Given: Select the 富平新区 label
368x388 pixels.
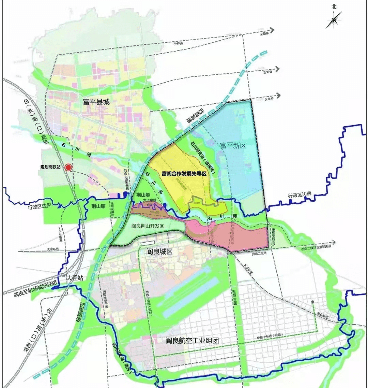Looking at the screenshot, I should pyautogui.click(x=233, y=146).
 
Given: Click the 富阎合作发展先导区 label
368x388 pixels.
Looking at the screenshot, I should pyautogui.click(x=184, y=173).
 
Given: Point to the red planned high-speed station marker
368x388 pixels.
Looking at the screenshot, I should pyautogui.click(x=68, y=168).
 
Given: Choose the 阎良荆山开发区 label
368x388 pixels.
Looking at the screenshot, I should pyautogui.click(x=148, y=226).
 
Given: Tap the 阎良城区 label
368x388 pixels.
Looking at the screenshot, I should pyautogui.click(x=159, y=252).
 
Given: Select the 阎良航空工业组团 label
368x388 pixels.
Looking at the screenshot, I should pyautogui.click(x=191, y=340).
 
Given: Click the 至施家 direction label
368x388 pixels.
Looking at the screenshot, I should pyautogui.click(x=265, y=33).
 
